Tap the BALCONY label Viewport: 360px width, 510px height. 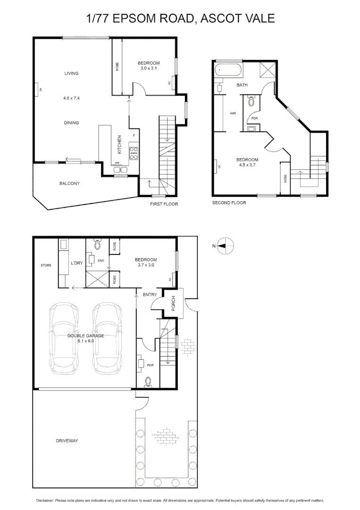69,183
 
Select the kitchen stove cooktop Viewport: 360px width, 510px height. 134,152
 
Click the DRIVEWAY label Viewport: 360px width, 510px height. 67,441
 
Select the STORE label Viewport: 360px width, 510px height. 46,265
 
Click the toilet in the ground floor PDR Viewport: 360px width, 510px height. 149,382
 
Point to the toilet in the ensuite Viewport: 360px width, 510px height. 98,245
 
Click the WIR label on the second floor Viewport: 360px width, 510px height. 232,113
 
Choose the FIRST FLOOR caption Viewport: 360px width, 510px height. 164,204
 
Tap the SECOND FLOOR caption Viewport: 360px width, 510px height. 229,203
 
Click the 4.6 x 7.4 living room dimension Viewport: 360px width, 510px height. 71,98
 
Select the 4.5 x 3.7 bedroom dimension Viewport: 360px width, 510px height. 247,165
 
